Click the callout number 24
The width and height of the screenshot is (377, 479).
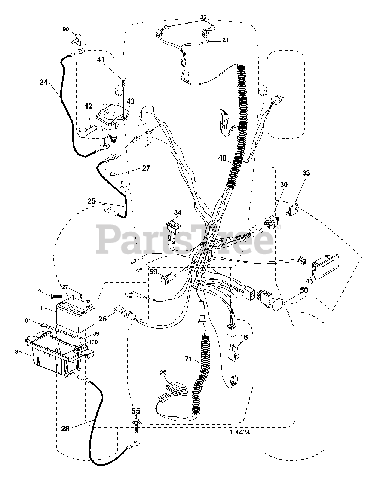(44, 82)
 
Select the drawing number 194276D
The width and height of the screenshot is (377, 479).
(241, 431)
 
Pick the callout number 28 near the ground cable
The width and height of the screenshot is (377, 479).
(65, 429)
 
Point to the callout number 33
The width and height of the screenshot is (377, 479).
(306, 173)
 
